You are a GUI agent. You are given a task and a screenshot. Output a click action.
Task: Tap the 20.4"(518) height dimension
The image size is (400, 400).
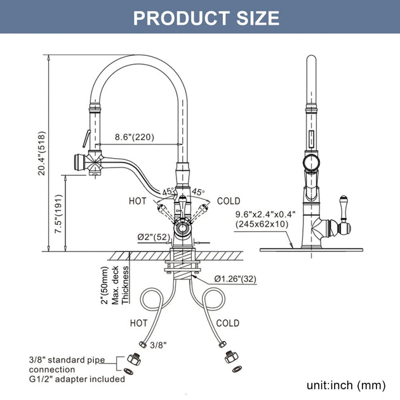point(42,153)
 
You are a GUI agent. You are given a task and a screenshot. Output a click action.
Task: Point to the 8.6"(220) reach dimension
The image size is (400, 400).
point(134,137)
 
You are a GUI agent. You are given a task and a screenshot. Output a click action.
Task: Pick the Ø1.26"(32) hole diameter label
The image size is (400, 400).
point(235,277)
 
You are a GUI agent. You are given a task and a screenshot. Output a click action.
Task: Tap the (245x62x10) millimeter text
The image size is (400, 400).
point(262,224)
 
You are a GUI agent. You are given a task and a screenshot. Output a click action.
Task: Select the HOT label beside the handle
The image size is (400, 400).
point(138,201)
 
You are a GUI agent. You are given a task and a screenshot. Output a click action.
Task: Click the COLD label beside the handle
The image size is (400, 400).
point(229,201)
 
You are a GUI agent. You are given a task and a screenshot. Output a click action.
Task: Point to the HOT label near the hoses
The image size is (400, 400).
point(138,323)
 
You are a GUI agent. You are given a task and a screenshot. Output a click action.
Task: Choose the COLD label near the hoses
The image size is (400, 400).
point(227,323)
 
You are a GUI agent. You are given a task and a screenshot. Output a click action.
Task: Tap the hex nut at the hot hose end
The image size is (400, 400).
point(135,357)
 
